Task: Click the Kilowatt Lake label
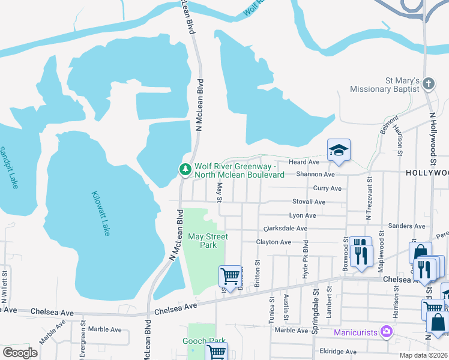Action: [x=101, y=213]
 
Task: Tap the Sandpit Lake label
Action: [x=9, y=167]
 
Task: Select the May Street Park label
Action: [x=208, y=241]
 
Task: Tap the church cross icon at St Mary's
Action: [x=429, y=84]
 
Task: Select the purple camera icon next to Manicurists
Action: [x=387, y=331]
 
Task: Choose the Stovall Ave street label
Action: [x=309, y=202]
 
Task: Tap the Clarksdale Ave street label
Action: [x=286, y=229]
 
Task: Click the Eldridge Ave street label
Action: [x=339, y=352]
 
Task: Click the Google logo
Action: [x=20, y=353]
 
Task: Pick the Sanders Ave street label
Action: [x=408, y=226]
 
